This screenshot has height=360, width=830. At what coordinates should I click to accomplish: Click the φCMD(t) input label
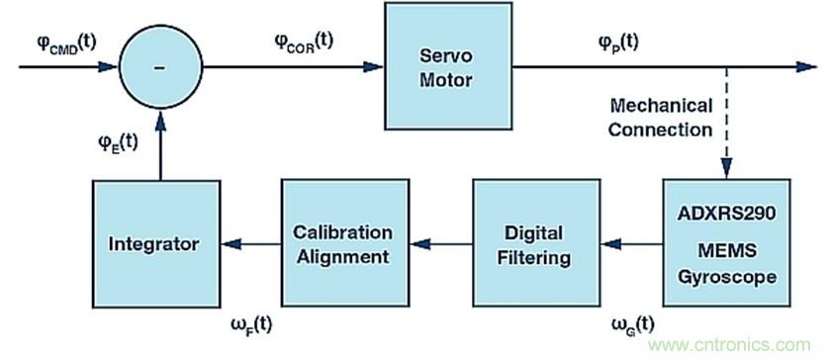pyautogui.click(x=59, y=41)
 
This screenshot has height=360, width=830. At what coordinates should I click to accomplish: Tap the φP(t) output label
pyautogui.click(x=618, y=42)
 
